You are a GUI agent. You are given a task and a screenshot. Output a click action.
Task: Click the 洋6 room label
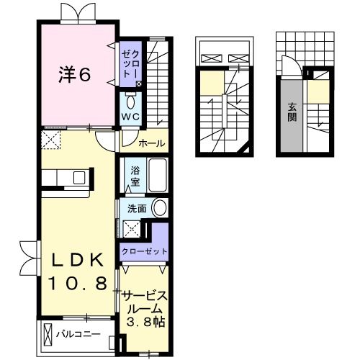coord(74,74)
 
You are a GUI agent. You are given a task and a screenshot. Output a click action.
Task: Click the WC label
coord(130,115)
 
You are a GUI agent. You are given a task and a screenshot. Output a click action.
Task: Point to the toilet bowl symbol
coord(130,100)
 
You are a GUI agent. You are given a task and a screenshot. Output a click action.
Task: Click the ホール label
coord(152,143)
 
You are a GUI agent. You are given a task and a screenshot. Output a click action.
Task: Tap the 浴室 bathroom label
coord(135,176)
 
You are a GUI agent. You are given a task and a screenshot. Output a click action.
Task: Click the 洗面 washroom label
coord(137,209)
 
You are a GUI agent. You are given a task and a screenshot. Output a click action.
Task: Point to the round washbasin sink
coord(159,210)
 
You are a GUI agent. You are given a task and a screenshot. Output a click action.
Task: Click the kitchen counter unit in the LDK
coord(65,177)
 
